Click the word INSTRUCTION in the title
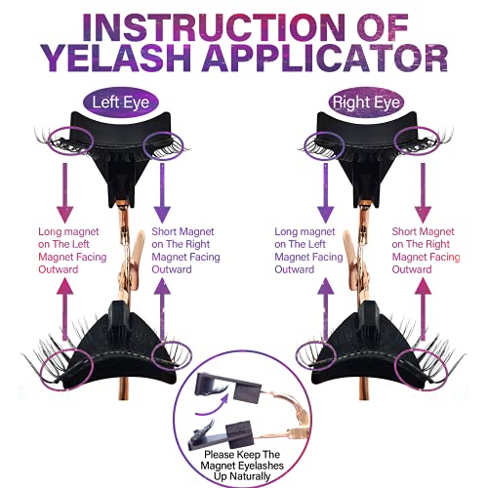(x=214, y=27)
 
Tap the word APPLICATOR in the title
(x=325, y=58)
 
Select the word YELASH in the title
(x=115, y=58)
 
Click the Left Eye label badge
(x=121, y=102)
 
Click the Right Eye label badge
(x=366, y=102)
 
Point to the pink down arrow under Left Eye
(x=65, y=192)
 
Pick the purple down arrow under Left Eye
(x=162, y=192)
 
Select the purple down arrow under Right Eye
(x=325, y=192)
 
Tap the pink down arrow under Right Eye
(x=423, y=192)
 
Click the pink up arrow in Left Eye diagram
(x=65, y=309)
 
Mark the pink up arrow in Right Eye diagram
(x=423, y=309)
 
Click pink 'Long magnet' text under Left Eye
(x=68, y=231)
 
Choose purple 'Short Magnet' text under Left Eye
(x=183, y=231)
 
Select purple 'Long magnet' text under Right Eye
(x=305, y=231)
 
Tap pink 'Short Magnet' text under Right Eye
(x=423, y=231)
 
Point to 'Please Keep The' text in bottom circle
(x=242, y=454)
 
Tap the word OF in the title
(x=383, y=27)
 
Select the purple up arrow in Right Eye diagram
(x=325, y=309)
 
